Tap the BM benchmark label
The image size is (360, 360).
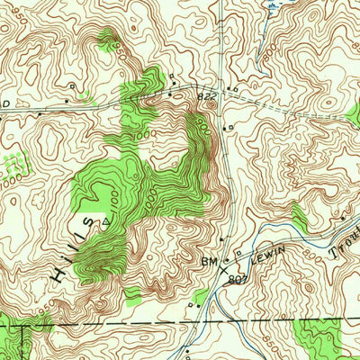pyautogui.click(x=211, y=261)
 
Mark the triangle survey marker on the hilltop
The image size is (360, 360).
pyautogui.click(x=106, y=219)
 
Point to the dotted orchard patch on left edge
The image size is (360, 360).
pyautogui.click(x=12, y=165)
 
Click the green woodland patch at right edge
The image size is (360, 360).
pyautogui.click(x=352, y=113)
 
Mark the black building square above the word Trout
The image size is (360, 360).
pyautogui.click(x=343, y=219)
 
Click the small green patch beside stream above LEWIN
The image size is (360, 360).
pyautogui.click(x=298, y=217)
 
